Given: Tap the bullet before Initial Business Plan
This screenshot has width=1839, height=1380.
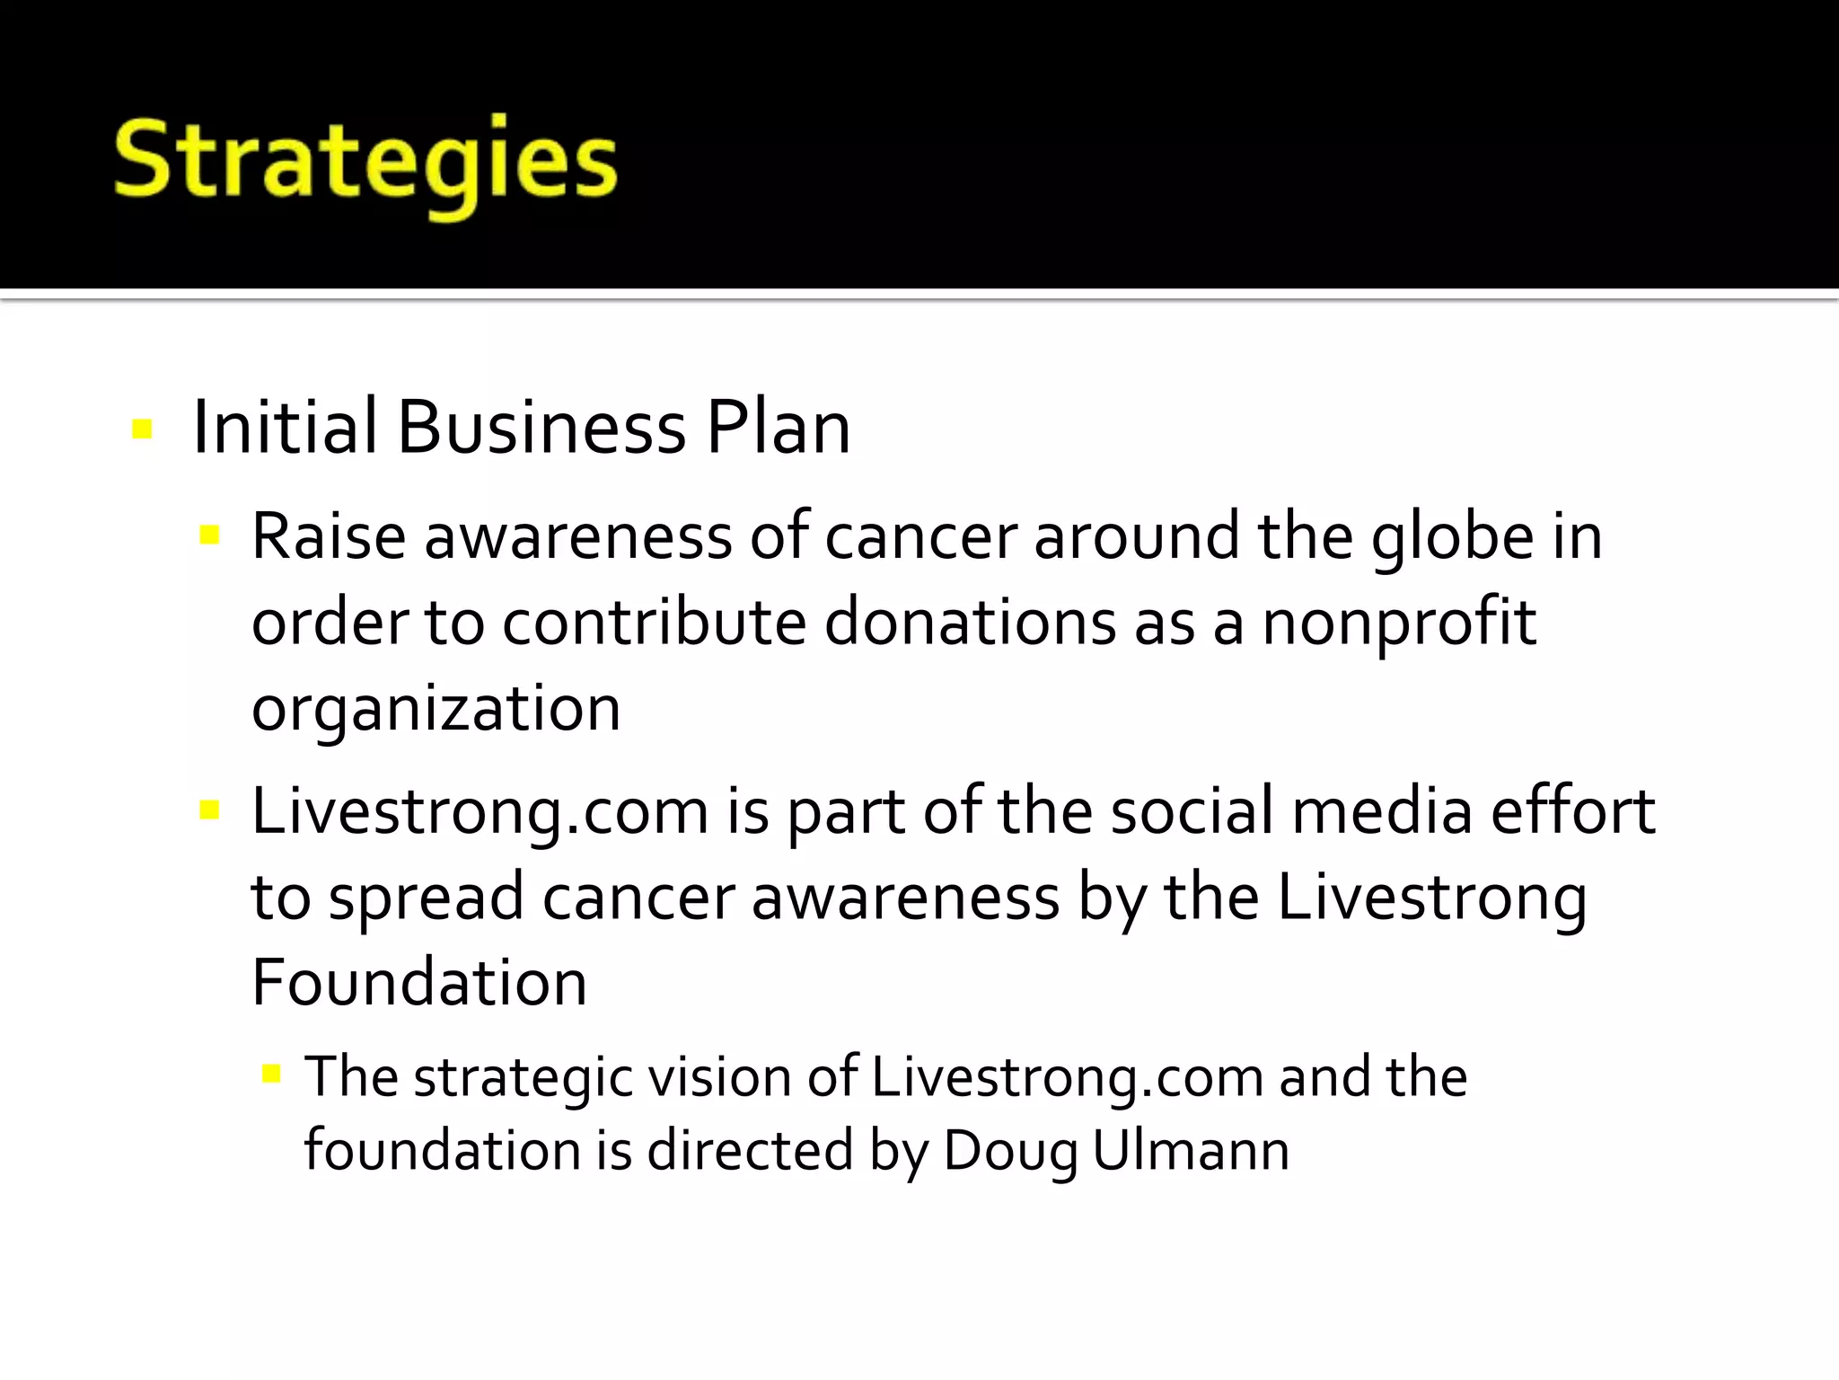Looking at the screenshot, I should (142, 429).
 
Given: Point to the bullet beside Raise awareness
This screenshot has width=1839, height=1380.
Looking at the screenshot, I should (210, 536).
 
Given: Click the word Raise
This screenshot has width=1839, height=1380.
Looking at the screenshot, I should (329, 536).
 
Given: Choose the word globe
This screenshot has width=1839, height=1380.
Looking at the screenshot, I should (1452, 536).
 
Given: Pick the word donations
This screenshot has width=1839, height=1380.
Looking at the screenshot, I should (970, 622).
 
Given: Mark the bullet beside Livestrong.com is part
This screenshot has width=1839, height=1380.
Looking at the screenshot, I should (210, 811).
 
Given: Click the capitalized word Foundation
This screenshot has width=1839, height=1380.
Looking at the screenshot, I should (419, 982).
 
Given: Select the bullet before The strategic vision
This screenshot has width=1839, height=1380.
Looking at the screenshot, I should (272, 1074).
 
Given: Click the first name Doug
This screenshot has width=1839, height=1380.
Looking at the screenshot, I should (1010, 1152).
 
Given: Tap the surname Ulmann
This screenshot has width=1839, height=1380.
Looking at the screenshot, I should (1191, 1150).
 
